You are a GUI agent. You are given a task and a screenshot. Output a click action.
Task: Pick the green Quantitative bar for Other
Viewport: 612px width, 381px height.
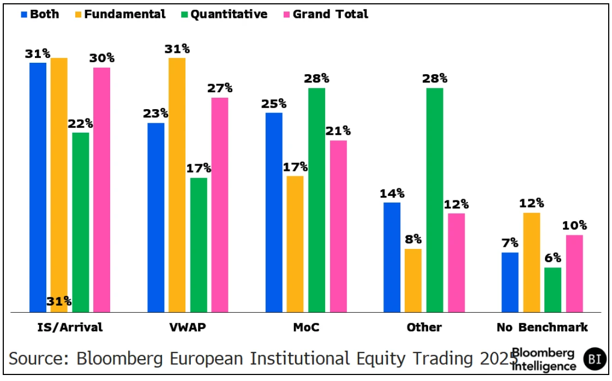click(x=435, y=200)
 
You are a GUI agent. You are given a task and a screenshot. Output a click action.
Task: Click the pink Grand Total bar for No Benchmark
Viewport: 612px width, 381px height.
click(x=574, y=273)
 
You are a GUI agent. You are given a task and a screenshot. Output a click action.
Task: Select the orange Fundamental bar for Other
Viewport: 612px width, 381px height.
click(x=413, y=280)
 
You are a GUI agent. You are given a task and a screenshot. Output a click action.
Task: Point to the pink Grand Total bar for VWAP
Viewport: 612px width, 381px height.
click(x=220, y=205)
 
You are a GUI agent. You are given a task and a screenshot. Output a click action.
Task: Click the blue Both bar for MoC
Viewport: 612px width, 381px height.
click(x=274, y=212)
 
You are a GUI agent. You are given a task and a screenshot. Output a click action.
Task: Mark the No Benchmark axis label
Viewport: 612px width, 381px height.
click(x=542, y=328)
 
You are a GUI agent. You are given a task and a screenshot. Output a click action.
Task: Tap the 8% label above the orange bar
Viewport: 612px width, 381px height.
click(x=413, y=239)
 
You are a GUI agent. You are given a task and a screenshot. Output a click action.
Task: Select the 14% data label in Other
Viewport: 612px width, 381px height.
click(x=392, y=193)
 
